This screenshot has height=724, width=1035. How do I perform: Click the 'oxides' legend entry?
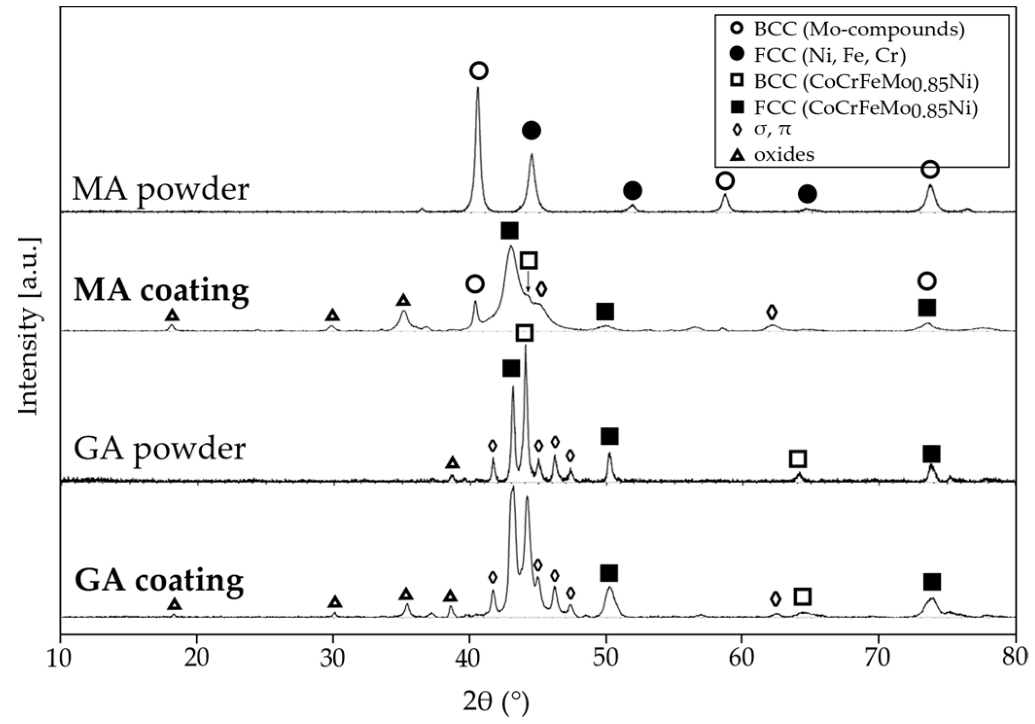[x=784, y=155]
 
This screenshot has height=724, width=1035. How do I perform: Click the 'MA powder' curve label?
[x=160, y=190]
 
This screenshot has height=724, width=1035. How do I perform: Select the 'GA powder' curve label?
[x=159, y=449]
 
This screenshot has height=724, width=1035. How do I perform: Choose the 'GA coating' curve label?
[x=159, y=580]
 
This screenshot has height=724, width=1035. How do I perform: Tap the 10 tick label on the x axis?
[x=60, y=658]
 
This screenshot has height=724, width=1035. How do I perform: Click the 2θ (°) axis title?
[x=496, y=703]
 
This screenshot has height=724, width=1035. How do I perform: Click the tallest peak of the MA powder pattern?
[x=477, y=89]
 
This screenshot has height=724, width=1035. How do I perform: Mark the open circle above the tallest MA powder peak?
[x=479, y=71]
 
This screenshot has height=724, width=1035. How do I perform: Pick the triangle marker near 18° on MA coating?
[x=172, y=315]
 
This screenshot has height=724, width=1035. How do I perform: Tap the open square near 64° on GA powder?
[x=798, y=459]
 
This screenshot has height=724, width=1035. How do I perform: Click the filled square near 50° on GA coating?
[x=609, y=573]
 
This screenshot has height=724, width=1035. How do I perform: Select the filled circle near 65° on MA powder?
[x=807, y=194]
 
